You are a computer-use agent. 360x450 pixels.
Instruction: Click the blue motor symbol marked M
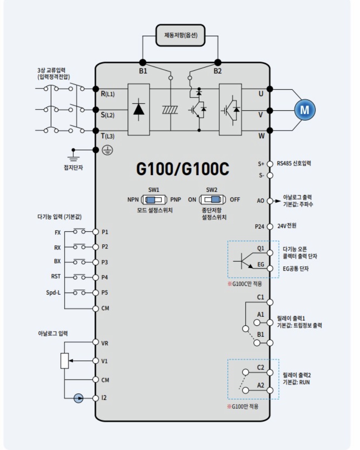click(x=305, y=110)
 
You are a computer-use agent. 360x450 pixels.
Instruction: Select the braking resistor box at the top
click(x=180, y=35)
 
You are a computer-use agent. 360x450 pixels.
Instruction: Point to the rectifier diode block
click(x=139, y=109)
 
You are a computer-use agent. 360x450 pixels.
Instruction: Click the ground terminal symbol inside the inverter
click(x=107, y=150)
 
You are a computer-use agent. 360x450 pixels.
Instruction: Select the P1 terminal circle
click(x=95, y=232)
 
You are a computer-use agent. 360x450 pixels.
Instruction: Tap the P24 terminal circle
click(x=270, y=226)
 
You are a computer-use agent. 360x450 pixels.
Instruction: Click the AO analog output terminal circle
click(x=270, y=201)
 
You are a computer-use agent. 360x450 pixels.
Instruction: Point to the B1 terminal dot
click(x=143, y=62)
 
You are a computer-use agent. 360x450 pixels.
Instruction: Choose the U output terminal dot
click(x=270, y=89)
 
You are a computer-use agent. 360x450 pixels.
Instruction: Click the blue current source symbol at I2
click(x=78, y=398)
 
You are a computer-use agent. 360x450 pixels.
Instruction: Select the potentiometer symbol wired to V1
click(x=65, y=361)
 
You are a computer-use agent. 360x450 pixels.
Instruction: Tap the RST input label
click(x=56, y=277)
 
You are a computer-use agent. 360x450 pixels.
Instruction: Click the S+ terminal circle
click(x=270, y=164)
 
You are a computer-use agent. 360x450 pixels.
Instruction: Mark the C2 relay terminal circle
click(x=270, y=372)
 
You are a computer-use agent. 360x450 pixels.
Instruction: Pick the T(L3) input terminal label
click(x=108, y=136)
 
